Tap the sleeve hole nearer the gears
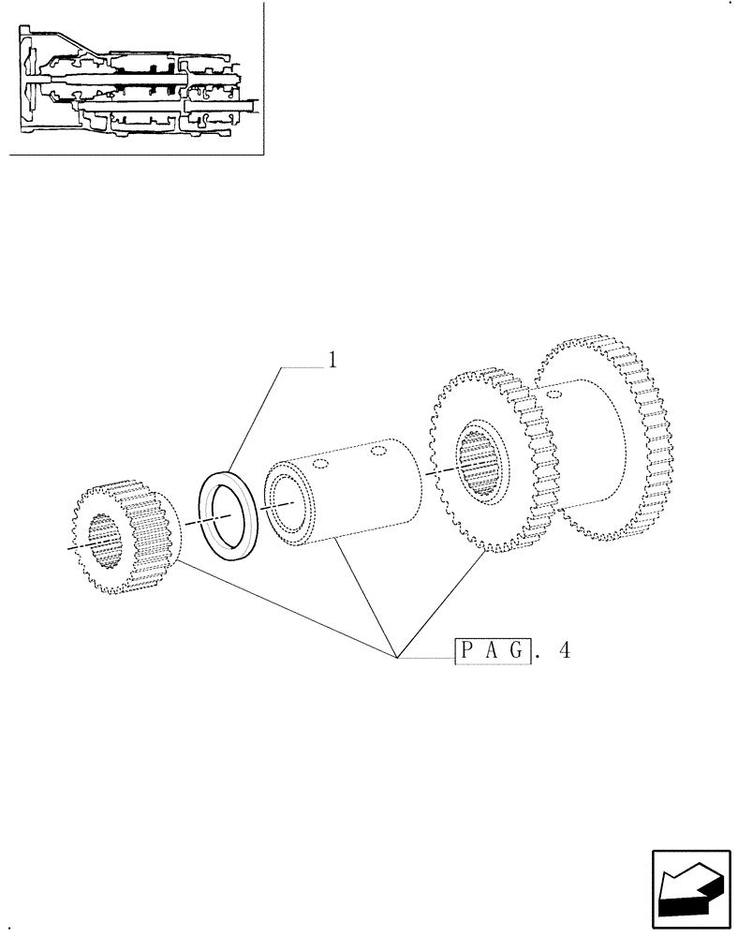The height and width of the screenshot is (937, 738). click(x=378, y=453)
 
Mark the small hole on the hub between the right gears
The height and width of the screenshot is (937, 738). click(x=555, y=396)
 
